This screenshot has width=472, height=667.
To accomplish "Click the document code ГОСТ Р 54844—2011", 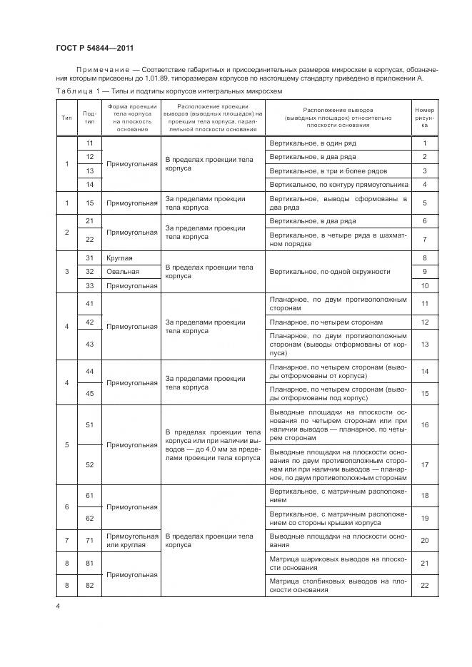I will [x=94, y=48].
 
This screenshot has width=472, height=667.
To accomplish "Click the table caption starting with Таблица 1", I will [x=169, y=92].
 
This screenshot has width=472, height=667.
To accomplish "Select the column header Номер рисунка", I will [x=424, y=117].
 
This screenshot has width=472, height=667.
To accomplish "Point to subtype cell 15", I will [x=90, y=203].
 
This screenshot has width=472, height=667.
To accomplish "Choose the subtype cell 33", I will [x=90, y=285].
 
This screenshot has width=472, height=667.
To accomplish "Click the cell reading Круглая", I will [x=120, y=258].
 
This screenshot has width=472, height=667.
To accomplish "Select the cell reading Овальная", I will [x=123, y=272].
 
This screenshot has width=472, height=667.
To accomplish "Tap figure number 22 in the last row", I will [x=424, y=586].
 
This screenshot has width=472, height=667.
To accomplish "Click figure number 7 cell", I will [x=424, y=239].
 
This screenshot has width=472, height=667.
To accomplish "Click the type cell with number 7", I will [x=66, y=540].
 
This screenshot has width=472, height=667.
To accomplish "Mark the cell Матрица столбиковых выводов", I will [x=338, y=586].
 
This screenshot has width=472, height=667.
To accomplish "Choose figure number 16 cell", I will [x=424, y=424].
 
